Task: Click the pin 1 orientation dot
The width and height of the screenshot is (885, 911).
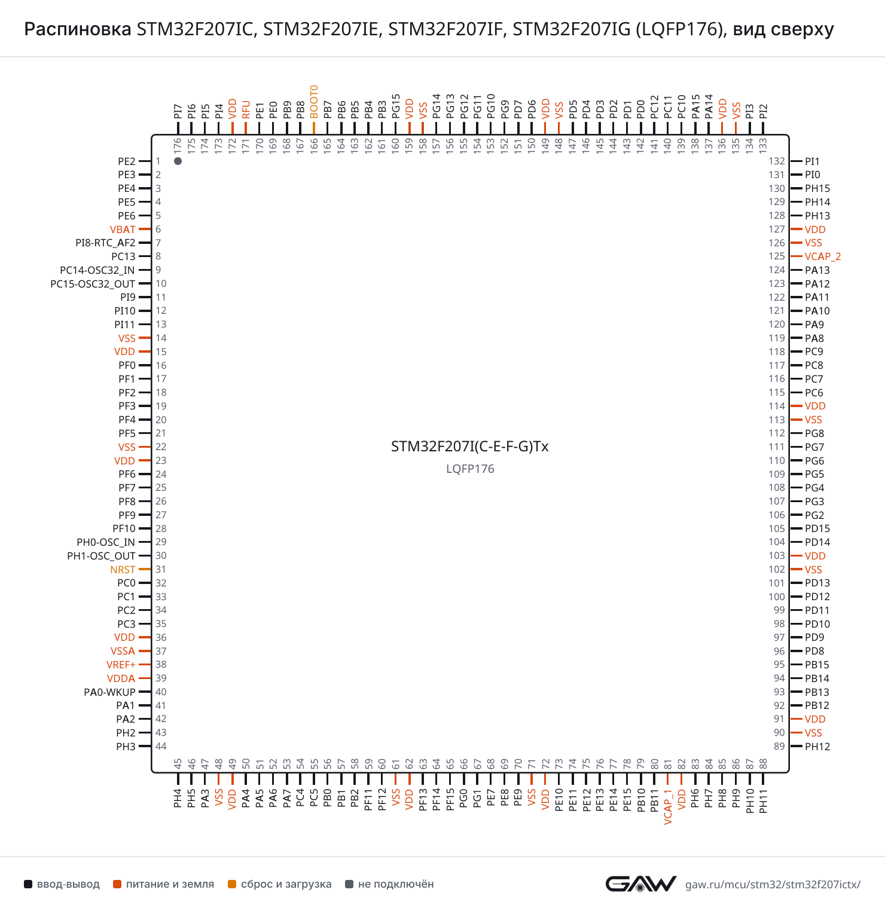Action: click(x=178, y=161)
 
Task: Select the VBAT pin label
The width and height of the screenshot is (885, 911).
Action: click(x=123, y=230)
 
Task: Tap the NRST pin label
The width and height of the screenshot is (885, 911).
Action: click(x=123, y=570)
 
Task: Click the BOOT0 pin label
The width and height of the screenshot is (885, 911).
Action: click(x=314, y=102)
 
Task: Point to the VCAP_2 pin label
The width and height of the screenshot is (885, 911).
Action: click(x=823, y=256)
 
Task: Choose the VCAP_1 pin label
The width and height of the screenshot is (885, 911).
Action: click(x=668, y=807)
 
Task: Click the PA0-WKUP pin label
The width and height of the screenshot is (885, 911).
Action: click(x=109, y=692)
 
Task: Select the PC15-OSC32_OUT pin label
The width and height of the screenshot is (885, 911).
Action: click(x=93, y=284)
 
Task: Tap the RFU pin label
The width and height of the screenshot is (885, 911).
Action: click(x=246, y=110)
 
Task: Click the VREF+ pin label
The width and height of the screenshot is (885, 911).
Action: click(x=121, y=665)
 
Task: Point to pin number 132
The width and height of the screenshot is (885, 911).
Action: click(x=777, y=161)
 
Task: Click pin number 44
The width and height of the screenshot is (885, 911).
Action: click(x=161, y=746)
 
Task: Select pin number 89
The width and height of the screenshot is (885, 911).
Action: click(x=779, y=746)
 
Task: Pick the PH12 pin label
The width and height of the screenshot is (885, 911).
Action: click(x=817, y=747)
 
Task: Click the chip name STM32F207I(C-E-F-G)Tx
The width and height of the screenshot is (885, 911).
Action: click(x=470, y=447)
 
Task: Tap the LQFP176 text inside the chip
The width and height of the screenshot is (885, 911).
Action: click(x=470, y=469)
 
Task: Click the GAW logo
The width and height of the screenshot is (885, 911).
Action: click(x=641, y=884)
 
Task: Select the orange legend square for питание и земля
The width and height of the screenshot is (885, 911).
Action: click(x=117, y=884)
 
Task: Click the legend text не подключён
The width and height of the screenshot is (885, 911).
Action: click(x=396, y=884)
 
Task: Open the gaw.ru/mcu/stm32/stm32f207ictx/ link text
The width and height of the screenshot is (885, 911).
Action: click(x=773, y=885)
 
